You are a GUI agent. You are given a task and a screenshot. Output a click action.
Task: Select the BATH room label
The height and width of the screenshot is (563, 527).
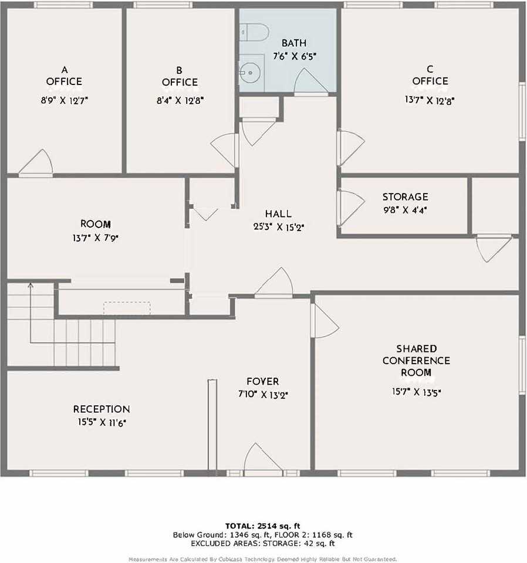click(293, 43)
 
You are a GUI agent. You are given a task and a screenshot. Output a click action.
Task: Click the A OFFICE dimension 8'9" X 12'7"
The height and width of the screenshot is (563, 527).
click(64, 100)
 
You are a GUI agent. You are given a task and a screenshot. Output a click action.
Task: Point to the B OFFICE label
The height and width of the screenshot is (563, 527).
click(180, 76)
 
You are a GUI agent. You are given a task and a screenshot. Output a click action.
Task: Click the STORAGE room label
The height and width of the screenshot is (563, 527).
click(405, 197)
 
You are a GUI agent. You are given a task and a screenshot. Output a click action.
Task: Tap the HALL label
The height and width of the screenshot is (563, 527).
click(278, 214)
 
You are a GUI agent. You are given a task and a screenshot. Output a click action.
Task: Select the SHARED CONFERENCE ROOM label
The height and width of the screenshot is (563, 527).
click(416, 361)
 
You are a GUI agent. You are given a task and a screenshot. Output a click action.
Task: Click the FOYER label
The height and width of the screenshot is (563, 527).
click(262, 381)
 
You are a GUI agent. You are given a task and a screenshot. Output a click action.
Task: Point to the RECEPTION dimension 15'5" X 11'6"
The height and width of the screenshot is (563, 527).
click(101, 422)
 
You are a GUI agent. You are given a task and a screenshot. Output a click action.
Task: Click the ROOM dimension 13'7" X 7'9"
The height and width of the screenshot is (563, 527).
click(95, 238)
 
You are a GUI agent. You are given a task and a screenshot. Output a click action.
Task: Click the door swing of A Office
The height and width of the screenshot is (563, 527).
click(38, 162)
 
